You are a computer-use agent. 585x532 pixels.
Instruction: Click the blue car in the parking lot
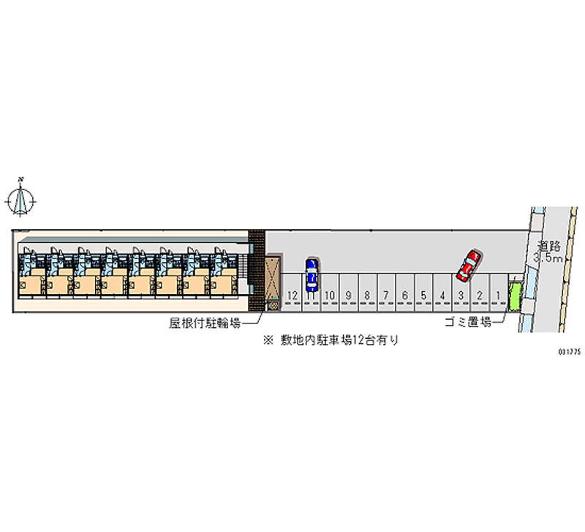[312, 275]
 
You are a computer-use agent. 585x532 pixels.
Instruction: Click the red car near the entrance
[469, 266]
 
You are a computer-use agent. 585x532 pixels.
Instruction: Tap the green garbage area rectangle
[515, 296]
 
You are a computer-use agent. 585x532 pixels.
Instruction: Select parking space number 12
[292, 293]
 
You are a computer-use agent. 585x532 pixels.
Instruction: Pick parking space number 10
[330, 293]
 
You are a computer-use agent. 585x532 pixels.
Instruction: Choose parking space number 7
[386, 293]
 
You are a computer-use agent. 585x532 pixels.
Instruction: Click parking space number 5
[423, 293]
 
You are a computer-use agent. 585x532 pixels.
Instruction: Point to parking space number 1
[498, 293]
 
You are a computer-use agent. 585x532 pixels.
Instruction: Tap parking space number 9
[349, 293]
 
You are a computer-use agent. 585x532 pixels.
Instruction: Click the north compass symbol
[20, 201]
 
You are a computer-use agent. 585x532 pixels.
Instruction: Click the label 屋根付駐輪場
[205, 323]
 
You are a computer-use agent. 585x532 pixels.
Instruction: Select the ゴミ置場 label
[468, 321]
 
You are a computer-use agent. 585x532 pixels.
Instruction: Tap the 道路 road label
[548, 247]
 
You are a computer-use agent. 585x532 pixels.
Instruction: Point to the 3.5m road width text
[547, 258]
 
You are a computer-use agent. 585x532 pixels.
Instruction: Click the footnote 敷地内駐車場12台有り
[339, 340]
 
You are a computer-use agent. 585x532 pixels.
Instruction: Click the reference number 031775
[570, 352]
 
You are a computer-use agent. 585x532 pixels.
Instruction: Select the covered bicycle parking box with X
[272, 278]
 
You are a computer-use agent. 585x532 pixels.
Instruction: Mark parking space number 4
[442, 293]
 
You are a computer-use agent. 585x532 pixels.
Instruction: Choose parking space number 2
[480, 293]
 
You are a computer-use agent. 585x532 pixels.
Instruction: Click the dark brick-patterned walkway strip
[257, 271]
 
